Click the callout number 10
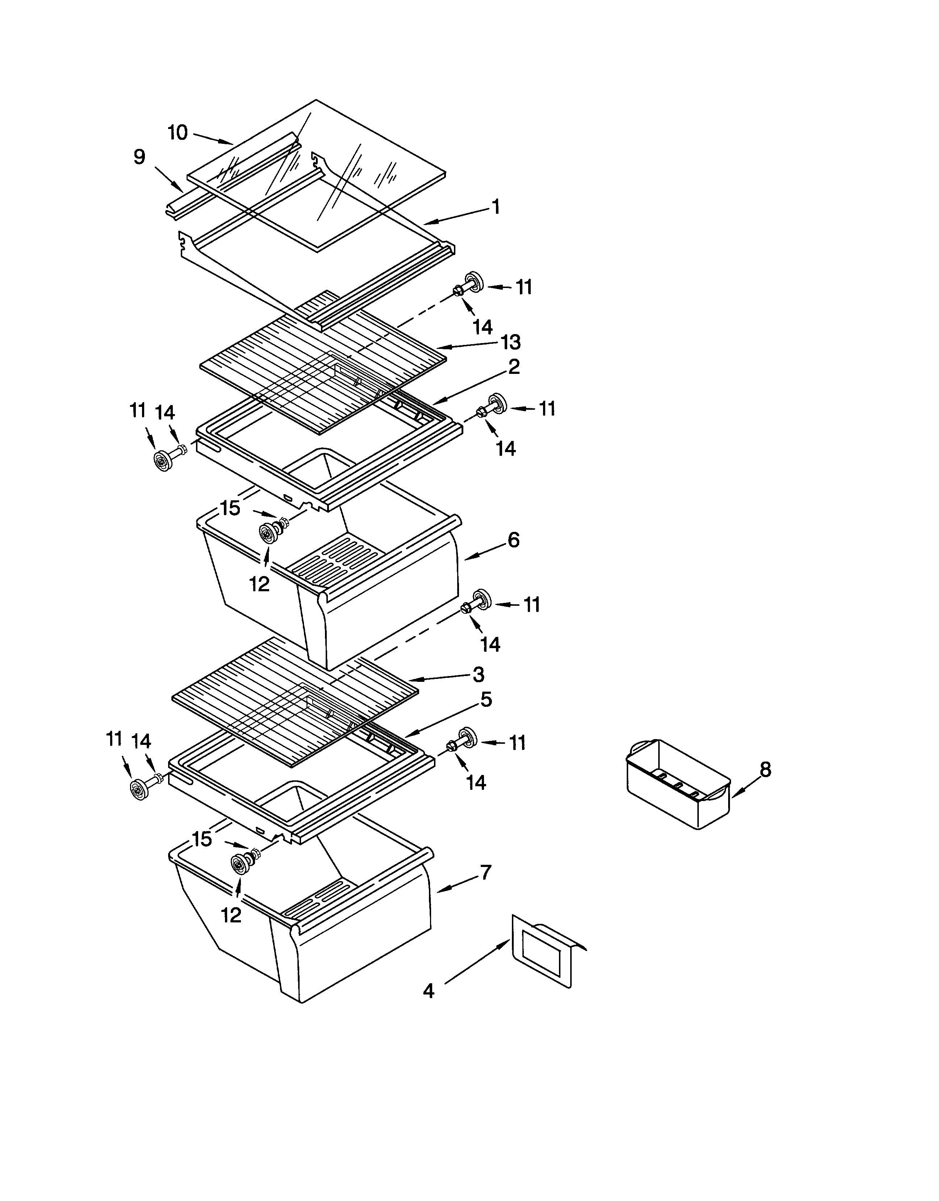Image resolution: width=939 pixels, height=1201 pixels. point(178,133)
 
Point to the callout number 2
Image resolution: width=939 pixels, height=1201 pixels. point(513,367)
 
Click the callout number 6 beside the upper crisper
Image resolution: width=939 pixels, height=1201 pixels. point(513,540)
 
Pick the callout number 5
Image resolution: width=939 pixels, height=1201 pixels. point(486,700)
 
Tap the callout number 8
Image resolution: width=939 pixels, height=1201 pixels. point(765,769)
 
